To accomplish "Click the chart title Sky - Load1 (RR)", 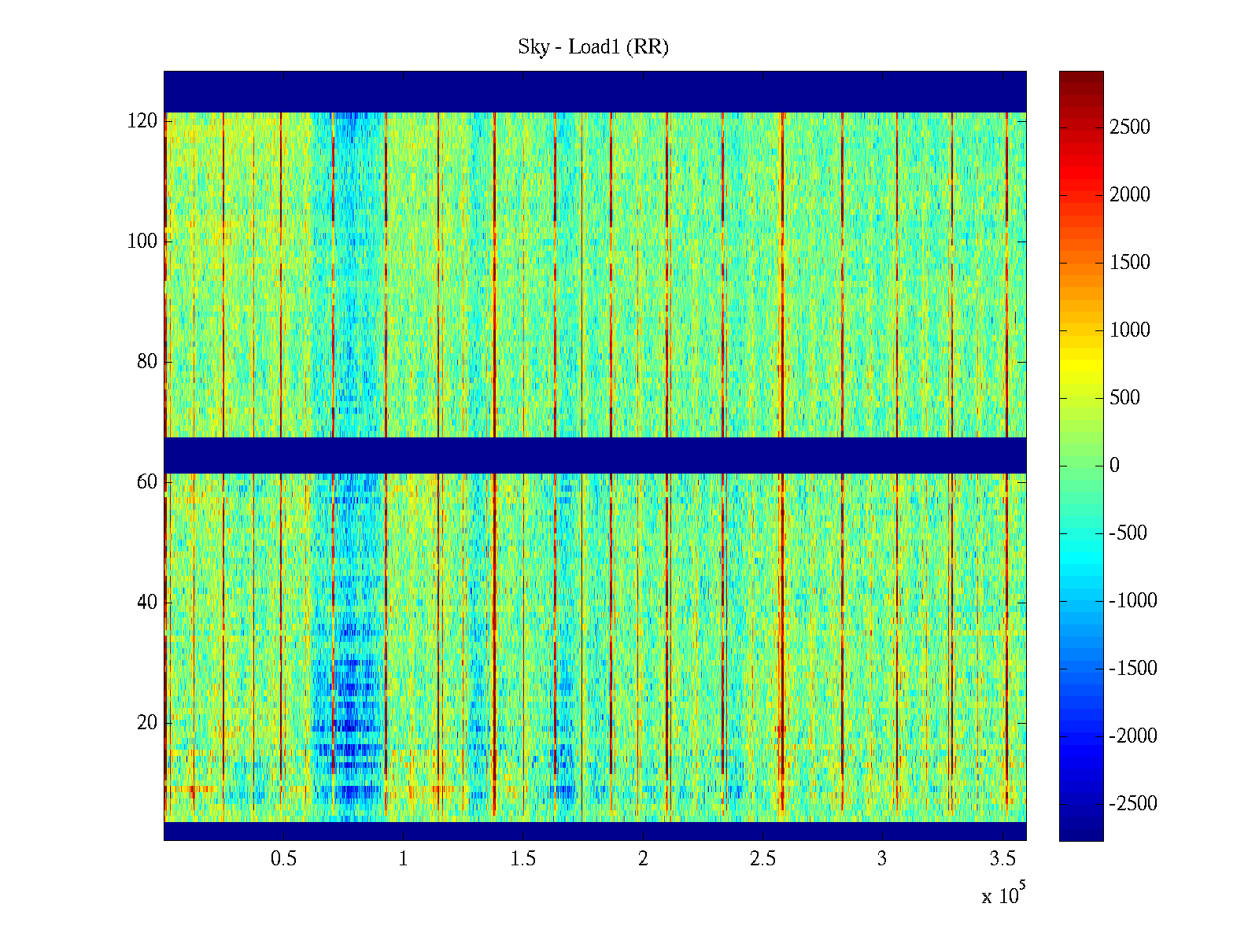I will (593, 47).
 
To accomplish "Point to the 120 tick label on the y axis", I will (142, 121).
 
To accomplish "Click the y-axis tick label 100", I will (142, 242).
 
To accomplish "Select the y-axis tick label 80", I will (147, 362).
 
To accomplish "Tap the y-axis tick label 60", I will (147, 482).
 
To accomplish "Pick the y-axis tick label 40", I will (147, 603).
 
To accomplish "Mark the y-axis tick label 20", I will (147, 723).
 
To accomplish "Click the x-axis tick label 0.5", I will (284, 859).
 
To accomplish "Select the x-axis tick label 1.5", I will (523, 859).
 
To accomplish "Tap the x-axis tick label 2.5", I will (762, 859).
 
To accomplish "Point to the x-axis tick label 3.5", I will (1002, 859).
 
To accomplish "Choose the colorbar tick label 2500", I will (1130, 127).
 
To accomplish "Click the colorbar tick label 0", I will (1114, 466).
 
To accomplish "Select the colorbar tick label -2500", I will (1133, 804).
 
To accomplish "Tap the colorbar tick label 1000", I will (1130, 330).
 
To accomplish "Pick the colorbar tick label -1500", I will (1133, 669).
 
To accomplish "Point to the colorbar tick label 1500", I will (1130, 263).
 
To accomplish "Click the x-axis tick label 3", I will (882, 859).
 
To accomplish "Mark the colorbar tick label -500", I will (1128, 533).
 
